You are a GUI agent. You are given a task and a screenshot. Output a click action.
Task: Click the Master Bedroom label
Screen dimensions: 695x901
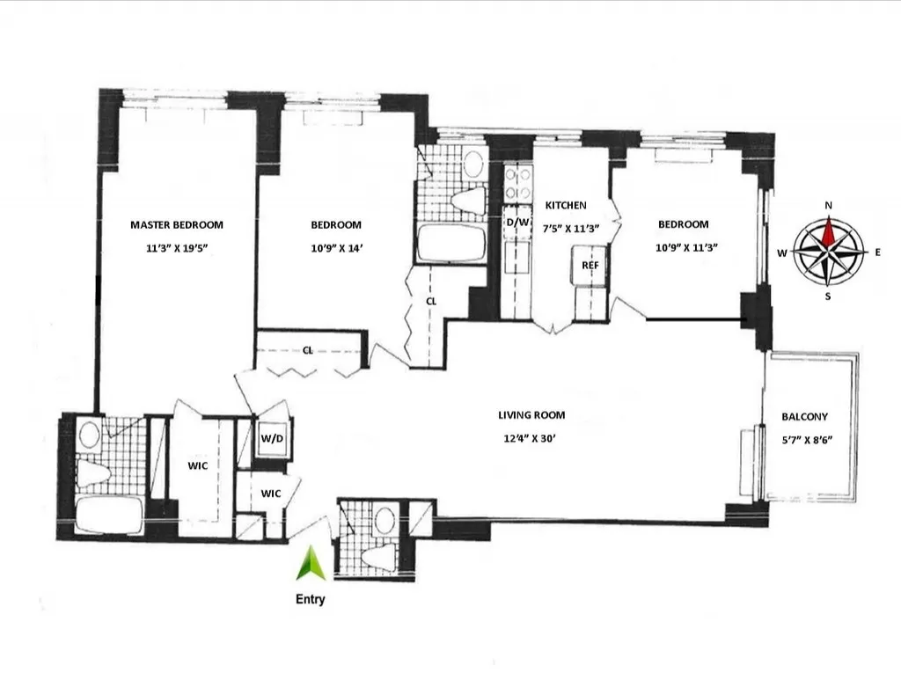[x=177, y=224]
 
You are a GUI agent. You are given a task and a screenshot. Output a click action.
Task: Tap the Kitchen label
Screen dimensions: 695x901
[x=566, y=205]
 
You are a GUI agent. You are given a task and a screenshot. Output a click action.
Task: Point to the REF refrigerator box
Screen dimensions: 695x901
[x=590, y=265]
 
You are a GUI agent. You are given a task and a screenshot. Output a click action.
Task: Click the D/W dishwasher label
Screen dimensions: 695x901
[x=517, y=223]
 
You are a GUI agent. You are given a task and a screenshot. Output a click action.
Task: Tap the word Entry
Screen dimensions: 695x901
[x=310, y=600]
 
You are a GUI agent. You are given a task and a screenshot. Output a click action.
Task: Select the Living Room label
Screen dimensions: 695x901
[x=531, y=415]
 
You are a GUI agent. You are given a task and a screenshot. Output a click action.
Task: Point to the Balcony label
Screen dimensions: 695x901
[x=804, y=417]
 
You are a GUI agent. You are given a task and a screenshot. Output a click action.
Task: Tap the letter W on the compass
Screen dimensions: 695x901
[x=781, y=252]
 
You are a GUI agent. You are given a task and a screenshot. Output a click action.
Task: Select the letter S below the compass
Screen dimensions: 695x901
[x=828, y=296]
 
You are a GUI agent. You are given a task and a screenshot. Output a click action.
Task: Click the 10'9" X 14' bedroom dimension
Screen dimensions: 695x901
[x=336, y=248]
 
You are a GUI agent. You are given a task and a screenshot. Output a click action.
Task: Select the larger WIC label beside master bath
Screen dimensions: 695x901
[x=197, y=465]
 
